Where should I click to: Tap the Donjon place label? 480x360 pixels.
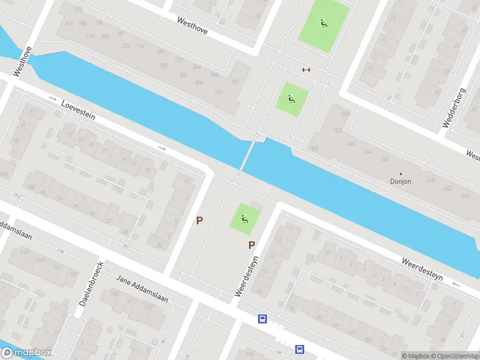pos(401,181)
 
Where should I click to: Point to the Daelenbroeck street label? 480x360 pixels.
pos(91,284)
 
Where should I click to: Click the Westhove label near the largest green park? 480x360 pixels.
pos(193,25)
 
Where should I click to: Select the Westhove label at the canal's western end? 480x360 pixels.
pos(22,61)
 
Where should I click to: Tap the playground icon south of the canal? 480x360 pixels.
pos(245,218)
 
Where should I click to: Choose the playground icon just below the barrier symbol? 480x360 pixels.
pos(292,99)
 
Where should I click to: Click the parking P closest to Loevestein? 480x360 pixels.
pos(200,220)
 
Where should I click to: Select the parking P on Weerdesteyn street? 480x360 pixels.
pos(252,245)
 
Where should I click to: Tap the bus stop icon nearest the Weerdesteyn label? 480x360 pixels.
pos(262,319)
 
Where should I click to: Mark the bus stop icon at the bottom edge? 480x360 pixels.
pos(299,349)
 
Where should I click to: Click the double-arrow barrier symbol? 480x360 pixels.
pos(306,70)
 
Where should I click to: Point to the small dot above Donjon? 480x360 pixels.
pos(401,173)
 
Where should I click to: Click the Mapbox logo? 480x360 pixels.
pos(25,353)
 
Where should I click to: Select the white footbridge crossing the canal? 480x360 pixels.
pos(247,157)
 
